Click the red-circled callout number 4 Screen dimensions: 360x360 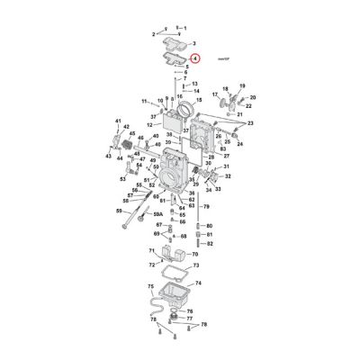pyautogui.click(x=196, y=58)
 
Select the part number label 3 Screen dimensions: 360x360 pyautogui.click(x=194, y=43)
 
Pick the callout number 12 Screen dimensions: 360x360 pyautogui.click(x=149, y=124)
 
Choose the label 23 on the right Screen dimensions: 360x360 pyautogui.click(x=249, y=123)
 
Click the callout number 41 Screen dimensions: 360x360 pyautogui.click(x=117, y=121)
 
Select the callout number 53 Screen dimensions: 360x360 pyautogui.click(x=123, y=178)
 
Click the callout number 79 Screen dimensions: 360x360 pyautogui.click(x=206, y=206)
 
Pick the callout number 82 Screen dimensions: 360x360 pyautogui.click(x=210, y=244)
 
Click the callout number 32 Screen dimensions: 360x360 pyautogui.click(x=228, y=177)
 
